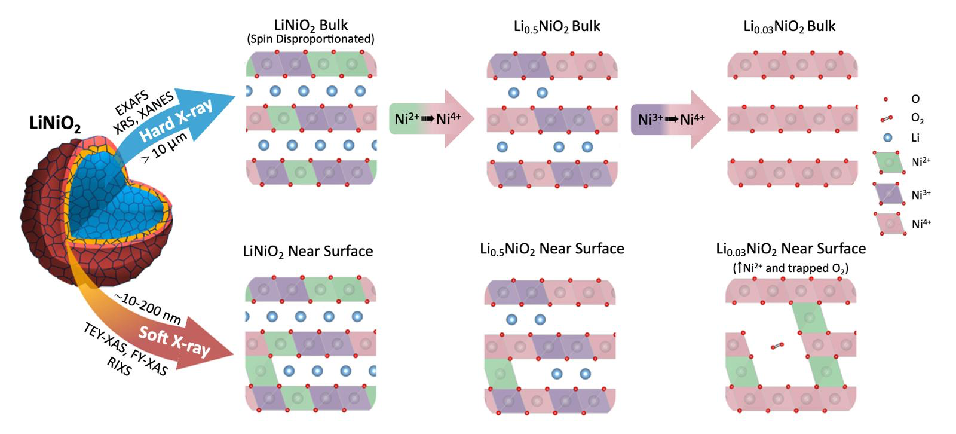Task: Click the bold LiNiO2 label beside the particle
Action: pos(55,124)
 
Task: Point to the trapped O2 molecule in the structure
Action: pos(777,346)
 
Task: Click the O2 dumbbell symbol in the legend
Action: pos(886,120)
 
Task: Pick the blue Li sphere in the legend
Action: pos(887,137)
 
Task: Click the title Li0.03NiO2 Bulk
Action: pos(789,27)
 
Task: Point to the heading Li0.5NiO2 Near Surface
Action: pos(552,249)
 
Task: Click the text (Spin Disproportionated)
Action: pos(311,39)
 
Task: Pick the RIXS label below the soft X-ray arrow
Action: pos(118,366)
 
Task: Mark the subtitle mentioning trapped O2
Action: pos(790,268)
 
